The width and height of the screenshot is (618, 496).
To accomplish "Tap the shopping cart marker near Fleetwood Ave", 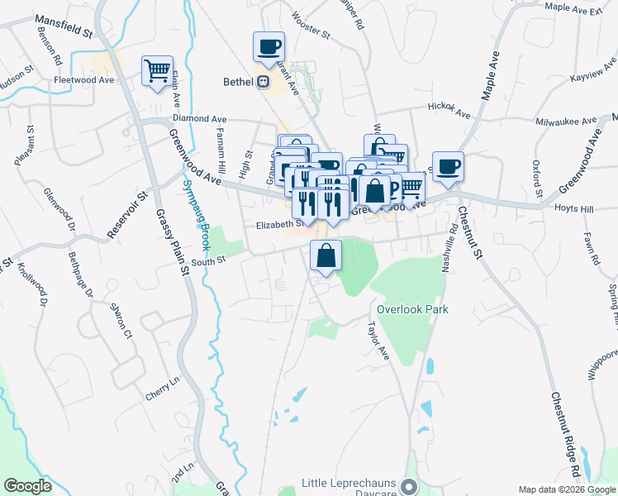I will click(x=157, y=70).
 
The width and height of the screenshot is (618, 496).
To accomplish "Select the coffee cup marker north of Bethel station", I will click(x=269, y=46).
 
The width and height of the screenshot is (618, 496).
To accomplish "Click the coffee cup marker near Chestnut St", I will click(x=448, y=167).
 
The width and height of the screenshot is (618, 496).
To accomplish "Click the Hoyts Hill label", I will click(x=574, y=209).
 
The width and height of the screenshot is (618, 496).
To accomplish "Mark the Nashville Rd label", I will click(x=451, y=247).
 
